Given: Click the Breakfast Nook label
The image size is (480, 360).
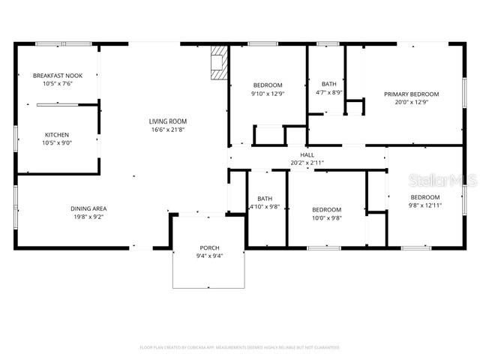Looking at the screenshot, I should tap(58, 76).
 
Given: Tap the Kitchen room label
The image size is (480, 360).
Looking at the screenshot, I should tap(58, 135).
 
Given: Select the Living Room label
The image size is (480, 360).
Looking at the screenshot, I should tap(167, 121).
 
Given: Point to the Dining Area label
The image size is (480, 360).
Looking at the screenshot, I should tap(88, 208).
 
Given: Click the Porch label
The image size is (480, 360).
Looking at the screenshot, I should tap(209, 247).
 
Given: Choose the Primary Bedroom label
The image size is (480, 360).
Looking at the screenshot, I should tap(411, 94).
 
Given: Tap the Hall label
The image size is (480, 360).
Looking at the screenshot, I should tap(307, 154).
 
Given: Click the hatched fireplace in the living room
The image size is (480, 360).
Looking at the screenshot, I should tap(219, 64).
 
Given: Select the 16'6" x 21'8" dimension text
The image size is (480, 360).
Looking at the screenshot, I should tap(167, 130).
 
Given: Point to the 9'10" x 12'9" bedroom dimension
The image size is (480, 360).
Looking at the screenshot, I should tap(268, 94).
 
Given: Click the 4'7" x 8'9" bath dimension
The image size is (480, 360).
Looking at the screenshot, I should tap(329, 93).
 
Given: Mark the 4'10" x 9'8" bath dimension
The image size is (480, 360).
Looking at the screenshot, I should tap(264, 207).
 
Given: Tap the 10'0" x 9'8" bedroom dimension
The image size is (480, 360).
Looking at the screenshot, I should tap(327, 218).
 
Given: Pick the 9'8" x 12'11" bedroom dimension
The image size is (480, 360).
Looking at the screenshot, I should tap(425, 205).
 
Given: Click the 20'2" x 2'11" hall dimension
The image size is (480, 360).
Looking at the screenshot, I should tap(307, 163).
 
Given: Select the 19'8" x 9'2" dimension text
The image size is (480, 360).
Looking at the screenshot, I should tap(88, 217).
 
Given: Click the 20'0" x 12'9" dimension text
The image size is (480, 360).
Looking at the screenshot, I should tap(411, 103).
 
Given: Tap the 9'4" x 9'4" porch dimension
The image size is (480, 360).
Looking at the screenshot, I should tap(209, 256).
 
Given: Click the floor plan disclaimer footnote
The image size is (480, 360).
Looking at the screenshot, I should tap(240, 347).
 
